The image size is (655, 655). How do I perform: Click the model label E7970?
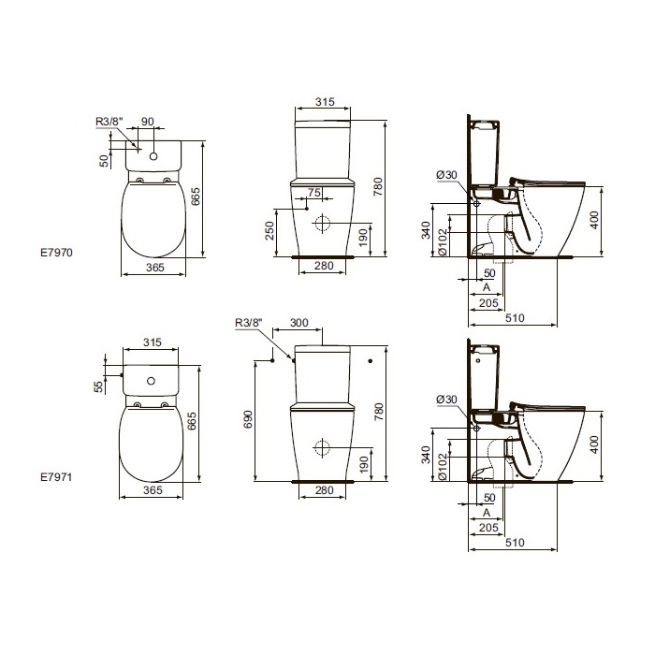coord(56,253)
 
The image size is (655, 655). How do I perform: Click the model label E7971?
coord(56,476)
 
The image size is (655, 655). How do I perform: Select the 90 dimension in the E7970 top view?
coord(148,121)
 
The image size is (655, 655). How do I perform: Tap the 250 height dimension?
coord(269,230)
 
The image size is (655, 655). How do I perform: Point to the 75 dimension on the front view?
coord(314,192)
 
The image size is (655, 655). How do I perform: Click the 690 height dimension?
coord(248,419)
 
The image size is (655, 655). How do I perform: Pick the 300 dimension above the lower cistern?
coord(299,323)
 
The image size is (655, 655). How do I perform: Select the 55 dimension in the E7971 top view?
coord(98,386)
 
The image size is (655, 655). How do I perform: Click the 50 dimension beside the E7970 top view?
coord(104,160)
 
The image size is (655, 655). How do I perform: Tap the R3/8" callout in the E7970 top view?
coord(109,121)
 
